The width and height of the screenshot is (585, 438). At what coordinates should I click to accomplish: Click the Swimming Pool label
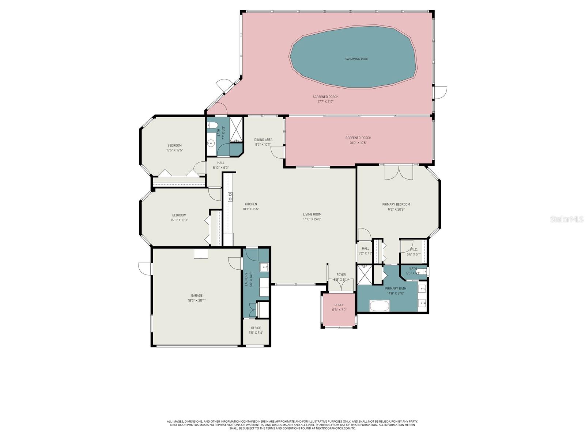pyautogui.click(x=356, y=59)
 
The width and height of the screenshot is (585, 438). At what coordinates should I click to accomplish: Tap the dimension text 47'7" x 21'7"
pyautogui.click(x=325, y=101)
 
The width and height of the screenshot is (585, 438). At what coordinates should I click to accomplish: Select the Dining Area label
pyautogui.click(x=263, y=140)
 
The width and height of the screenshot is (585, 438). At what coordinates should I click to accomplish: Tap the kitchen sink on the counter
pyautogui.click(x=230, y=197)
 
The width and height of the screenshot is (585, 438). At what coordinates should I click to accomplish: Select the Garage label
pyautogui.click(x=196, y=296)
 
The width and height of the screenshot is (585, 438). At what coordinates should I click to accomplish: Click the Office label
pyautogui.click(x=256, y=328)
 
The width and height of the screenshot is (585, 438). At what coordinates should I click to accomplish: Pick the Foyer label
pyautogui.click(x=341, y=275)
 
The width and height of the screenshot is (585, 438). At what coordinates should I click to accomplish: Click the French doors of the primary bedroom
pyautogui.click(x=399, y=172)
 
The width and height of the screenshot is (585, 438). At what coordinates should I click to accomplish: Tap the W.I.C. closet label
pyautogui.click(x=414, y=250)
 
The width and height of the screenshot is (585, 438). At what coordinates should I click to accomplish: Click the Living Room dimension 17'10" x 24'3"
pyautogui.click(x=312, y=219)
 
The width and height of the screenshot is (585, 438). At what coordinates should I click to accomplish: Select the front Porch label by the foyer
pyautogui.click(x=339, y=305)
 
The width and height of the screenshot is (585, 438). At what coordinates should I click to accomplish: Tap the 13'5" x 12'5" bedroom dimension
pyautogui.click(x=174, y=150)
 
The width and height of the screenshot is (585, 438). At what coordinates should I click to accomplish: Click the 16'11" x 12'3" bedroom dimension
pyautogui.click(x=179, y=220)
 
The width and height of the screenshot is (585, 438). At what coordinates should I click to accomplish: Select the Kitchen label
pyautogui.click(x=251, y=204)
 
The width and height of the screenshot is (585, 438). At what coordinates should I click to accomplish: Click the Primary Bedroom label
pyautogui.click(x=396, y=204)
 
